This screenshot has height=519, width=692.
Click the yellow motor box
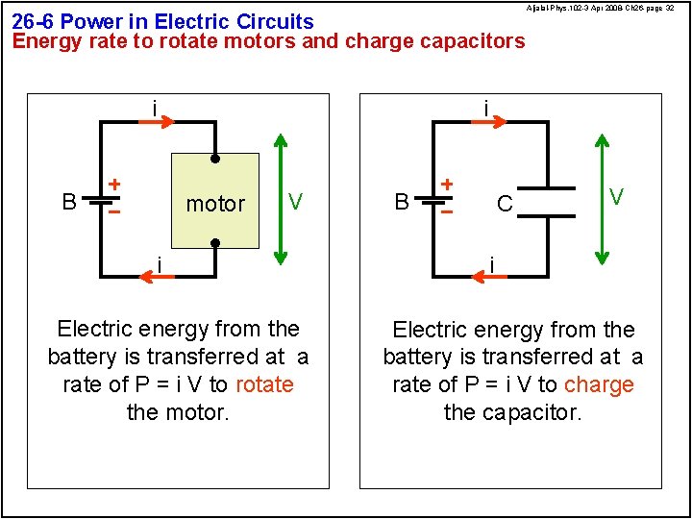click(x=215, y=200)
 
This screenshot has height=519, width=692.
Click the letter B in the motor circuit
click(x=69, y=202)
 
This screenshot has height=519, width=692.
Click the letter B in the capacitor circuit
click(x=402, y=202)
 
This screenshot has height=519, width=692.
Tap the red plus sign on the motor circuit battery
click(x=113, y=183)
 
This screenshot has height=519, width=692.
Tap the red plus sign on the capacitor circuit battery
click(x=446, y=183)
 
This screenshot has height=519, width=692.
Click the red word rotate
click(x=263, y=384)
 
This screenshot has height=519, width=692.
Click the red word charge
click(x=599, y=384)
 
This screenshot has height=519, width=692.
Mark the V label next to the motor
click(x=296, y=202)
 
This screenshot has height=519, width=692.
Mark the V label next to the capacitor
click(x=617, y=196)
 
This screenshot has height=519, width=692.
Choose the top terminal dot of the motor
click(x=215, y=159)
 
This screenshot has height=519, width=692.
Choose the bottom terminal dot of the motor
click(x=215, y=243)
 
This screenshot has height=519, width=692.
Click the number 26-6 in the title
click(x=34, y=21)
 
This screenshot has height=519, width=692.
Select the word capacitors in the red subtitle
click(x=475, y=41)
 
